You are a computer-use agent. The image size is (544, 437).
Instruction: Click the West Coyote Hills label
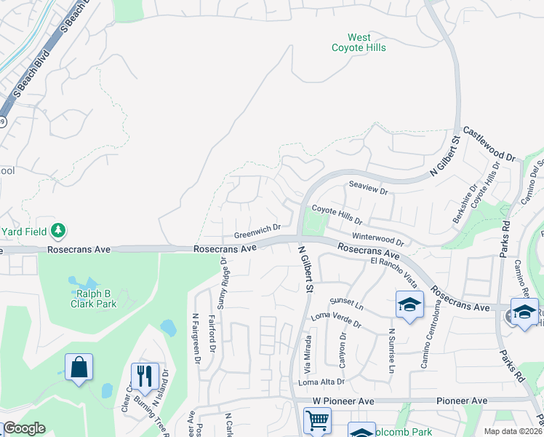click(359, 42)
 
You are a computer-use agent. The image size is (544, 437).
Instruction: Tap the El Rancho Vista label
click(393, 271)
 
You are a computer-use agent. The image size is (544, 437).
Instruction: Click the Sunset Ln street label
click(347, 301)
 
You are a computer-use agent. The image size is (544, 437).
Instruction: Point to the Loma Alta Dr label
click(321, 382)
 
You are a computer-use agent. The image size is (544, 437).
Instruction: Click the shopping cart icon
click(318, 421)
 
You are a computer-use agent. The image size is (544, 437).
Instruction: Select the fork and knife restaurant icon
click(144, 376)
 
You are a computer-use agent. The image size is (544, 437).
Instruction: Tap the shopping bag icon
click(79, 367)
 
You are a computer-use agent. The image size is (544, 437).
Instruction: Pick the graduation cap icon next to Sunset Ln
click(409, 304)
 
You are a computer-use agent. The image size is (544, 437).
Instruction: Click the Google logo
click(24, 428)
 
